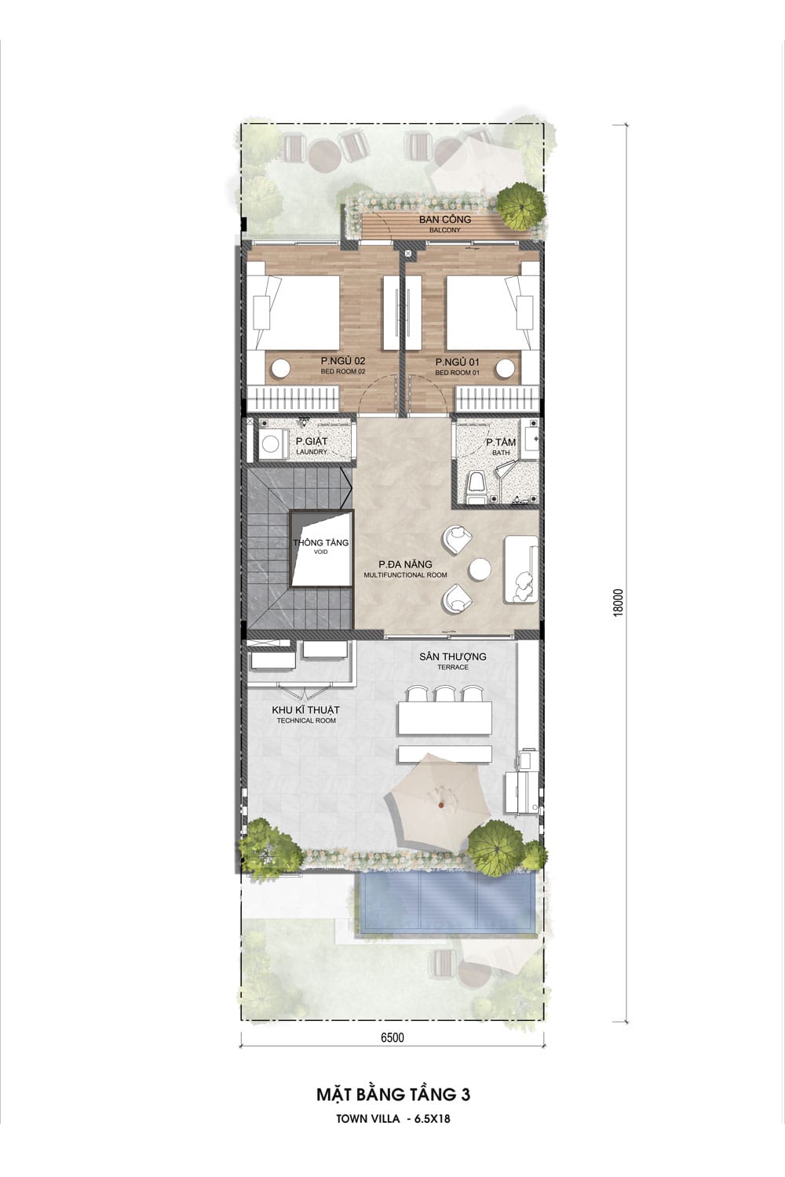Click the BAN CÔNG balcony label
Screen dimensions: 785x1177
point(445,224)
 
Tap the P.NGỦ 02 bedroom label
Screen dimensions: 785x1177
point(343,366)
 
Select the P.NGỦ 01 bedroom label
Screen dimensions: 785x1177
point(458,366)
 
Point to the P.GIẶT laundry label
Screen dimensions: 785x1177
point(312,446)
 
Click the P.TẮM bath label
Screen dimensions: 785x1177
point(501,446)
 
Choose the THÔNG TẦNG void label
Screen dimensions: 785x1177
point(321,546)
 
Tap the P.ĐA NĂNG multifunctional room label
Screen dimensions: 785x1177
point(405,569)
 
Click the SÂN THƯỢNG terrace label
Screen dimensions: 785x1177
point(453,661)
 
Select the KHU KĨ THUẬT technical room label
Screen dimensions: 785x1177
point(306,715)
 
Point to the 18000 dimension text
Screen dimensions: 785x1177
point(619,602)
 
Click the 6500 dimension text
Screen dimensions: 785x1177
point(392,1037)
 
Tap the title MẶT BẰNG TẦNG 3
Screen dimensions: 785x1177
point(393,1094)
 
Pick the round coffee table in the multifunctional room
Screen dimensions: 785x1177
point(480,570)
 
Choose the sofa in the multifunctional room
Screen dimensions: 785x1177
point(520,569)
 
